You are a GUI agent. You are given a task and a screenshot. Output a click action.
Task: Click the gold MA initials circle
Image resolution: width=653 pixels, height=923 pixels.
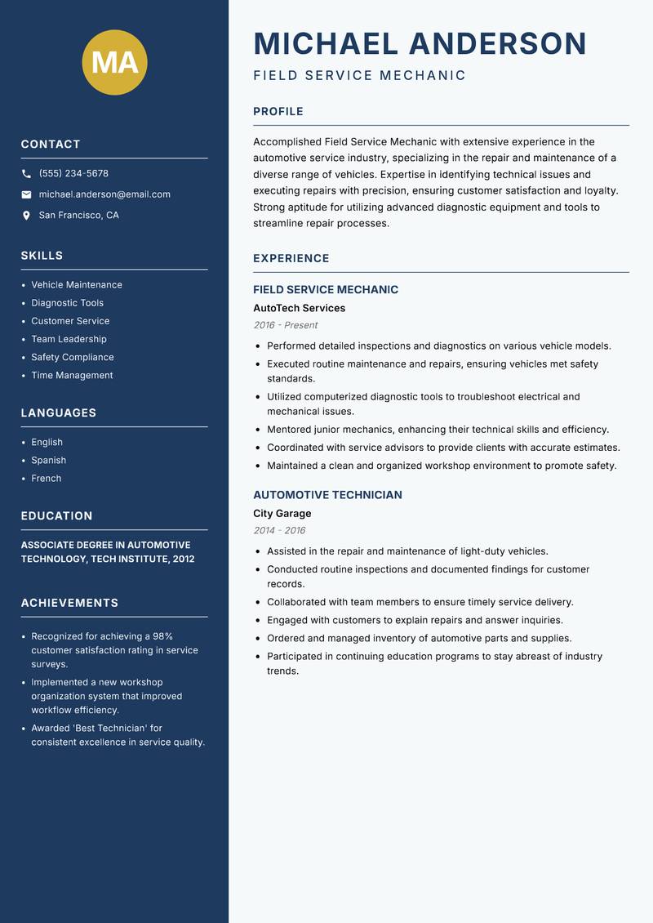[114, 62]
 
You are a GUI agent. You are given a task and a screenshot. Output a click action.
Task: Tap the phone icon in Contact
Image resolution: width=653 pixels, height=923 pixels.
[26, 174]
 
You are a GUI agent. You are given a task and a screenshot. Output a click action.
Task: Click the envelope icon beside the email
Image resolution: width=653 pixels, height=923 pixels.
[26, 194]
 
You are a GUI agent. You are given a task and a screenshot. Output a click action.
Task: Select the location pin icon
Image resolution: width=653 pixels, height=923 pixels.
[26, 216]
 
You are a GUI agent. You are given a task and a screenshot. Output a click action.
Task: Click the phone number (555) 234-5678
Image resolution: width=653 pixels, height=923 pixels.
[73, 174]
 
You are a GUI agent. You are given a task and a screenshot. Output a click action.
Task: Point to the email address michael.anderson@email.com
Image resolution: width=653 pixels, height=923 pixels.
[104, 194]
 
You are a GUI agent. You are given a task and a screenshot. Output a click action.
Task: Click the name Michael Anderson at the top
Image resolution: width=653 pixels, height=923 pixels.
[420, 44]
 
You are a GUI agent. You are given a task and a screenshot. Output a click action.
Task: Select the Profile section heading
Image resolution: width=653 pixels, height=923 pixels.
[278, 112]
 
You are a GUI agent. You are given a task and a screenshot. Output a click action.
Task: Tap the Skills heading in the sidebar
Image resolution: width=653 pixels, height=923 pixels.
[42, 256]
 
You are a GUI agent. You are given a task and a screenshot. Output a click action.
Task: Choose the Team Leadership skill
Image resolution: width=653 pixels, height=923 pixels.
[69, 339]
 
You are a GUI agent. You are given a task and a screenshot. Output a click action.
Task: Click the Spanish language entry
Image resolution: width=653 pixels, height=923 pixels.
[49, 461]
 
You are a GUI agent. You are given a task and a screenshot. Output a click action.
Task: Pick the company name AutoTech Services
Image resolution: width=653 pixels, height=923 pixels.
[299, 309]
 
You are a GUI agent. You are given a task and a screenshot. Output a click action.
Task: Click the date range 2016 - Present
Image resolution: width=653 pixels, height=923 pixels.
[285, 325]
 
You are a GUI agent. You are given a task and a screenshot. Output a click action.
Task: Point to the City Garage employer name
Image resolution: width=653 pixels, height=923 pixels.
[282, 514]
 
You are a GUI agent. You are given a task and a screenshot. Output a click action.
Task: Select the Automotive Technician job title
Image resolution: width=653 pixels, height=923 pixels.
[327, 495]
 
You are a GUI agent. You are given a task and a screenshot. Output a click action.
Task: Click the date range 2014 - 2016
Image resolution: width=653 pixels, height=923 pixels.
[279, 531]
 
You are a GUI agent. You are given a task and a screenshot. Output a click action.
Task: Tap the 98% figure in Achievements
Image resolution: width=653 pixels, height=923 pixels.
[162, 636]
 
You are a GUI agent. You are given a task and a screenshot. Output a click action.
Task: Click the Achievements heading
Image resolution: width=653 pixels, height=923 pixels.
[69, 603]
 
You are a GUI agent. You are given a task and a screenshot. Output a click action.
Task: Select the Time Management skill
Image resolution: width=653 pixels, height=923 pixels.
[72, 376]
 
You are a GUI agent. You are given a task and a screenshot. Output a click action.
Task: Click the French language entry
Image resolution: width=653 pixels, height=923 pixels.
[47, 479]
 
